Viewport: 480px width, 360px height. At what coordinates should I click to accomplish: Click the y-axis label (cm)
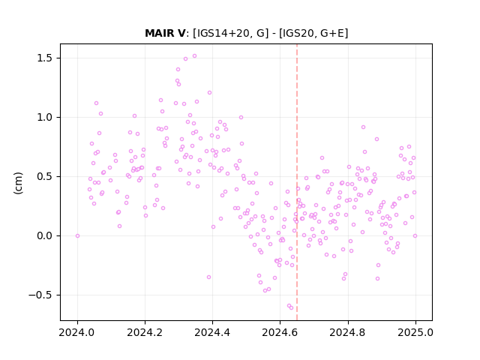tap(18, 183)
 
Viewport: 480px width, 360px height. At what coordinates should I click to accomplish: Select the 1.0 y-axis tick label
tap(46, 117)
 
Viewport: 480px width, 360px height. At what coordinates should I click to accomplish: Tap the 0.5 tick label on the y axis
tap(46, 177)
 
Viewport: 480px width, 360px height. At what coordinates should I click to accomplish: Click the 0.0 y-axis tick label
tap(46, 235)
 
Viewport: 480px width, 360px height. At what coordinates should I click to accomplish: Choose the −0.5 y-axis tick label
tap(42, 295)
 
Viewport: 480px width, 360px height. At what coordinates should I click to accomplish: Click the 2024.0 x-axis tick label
tap(77, 332)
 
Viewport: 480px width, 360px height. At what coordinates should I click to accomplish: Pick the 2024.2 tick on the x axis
tap(145, 332)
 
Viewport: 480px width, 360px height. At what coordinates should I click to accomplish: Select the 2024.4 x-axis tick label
tap(212, 332)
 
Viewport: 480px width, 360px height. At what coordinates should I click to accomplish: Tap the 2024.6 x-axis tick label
tap(280, 332)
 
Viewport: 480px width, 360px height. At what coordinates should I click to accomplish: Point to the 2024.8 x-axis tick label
tap(348, 332)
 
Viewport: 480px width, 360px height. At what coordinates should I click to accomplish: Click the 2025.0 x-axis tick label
tap(415, 332)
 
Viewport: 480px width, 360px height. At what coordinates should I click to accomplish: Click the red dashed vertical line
tap(297, 182)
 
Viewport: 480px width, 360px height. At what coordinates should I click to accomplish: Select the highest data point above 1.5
tap(194, 56)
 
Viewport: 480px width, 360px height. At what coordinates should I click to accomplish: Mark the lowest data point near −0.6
tap(292, 307)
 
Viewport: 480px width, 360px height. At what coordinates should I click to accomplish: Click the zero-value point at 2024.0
tap(77, 235)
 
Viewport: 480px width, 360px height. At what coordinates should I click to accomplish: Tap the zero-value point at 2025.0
tap(415, 235)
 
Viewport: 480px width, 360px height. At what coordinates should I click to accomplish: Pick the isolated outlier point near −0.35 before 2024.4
tap(208, 277)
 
